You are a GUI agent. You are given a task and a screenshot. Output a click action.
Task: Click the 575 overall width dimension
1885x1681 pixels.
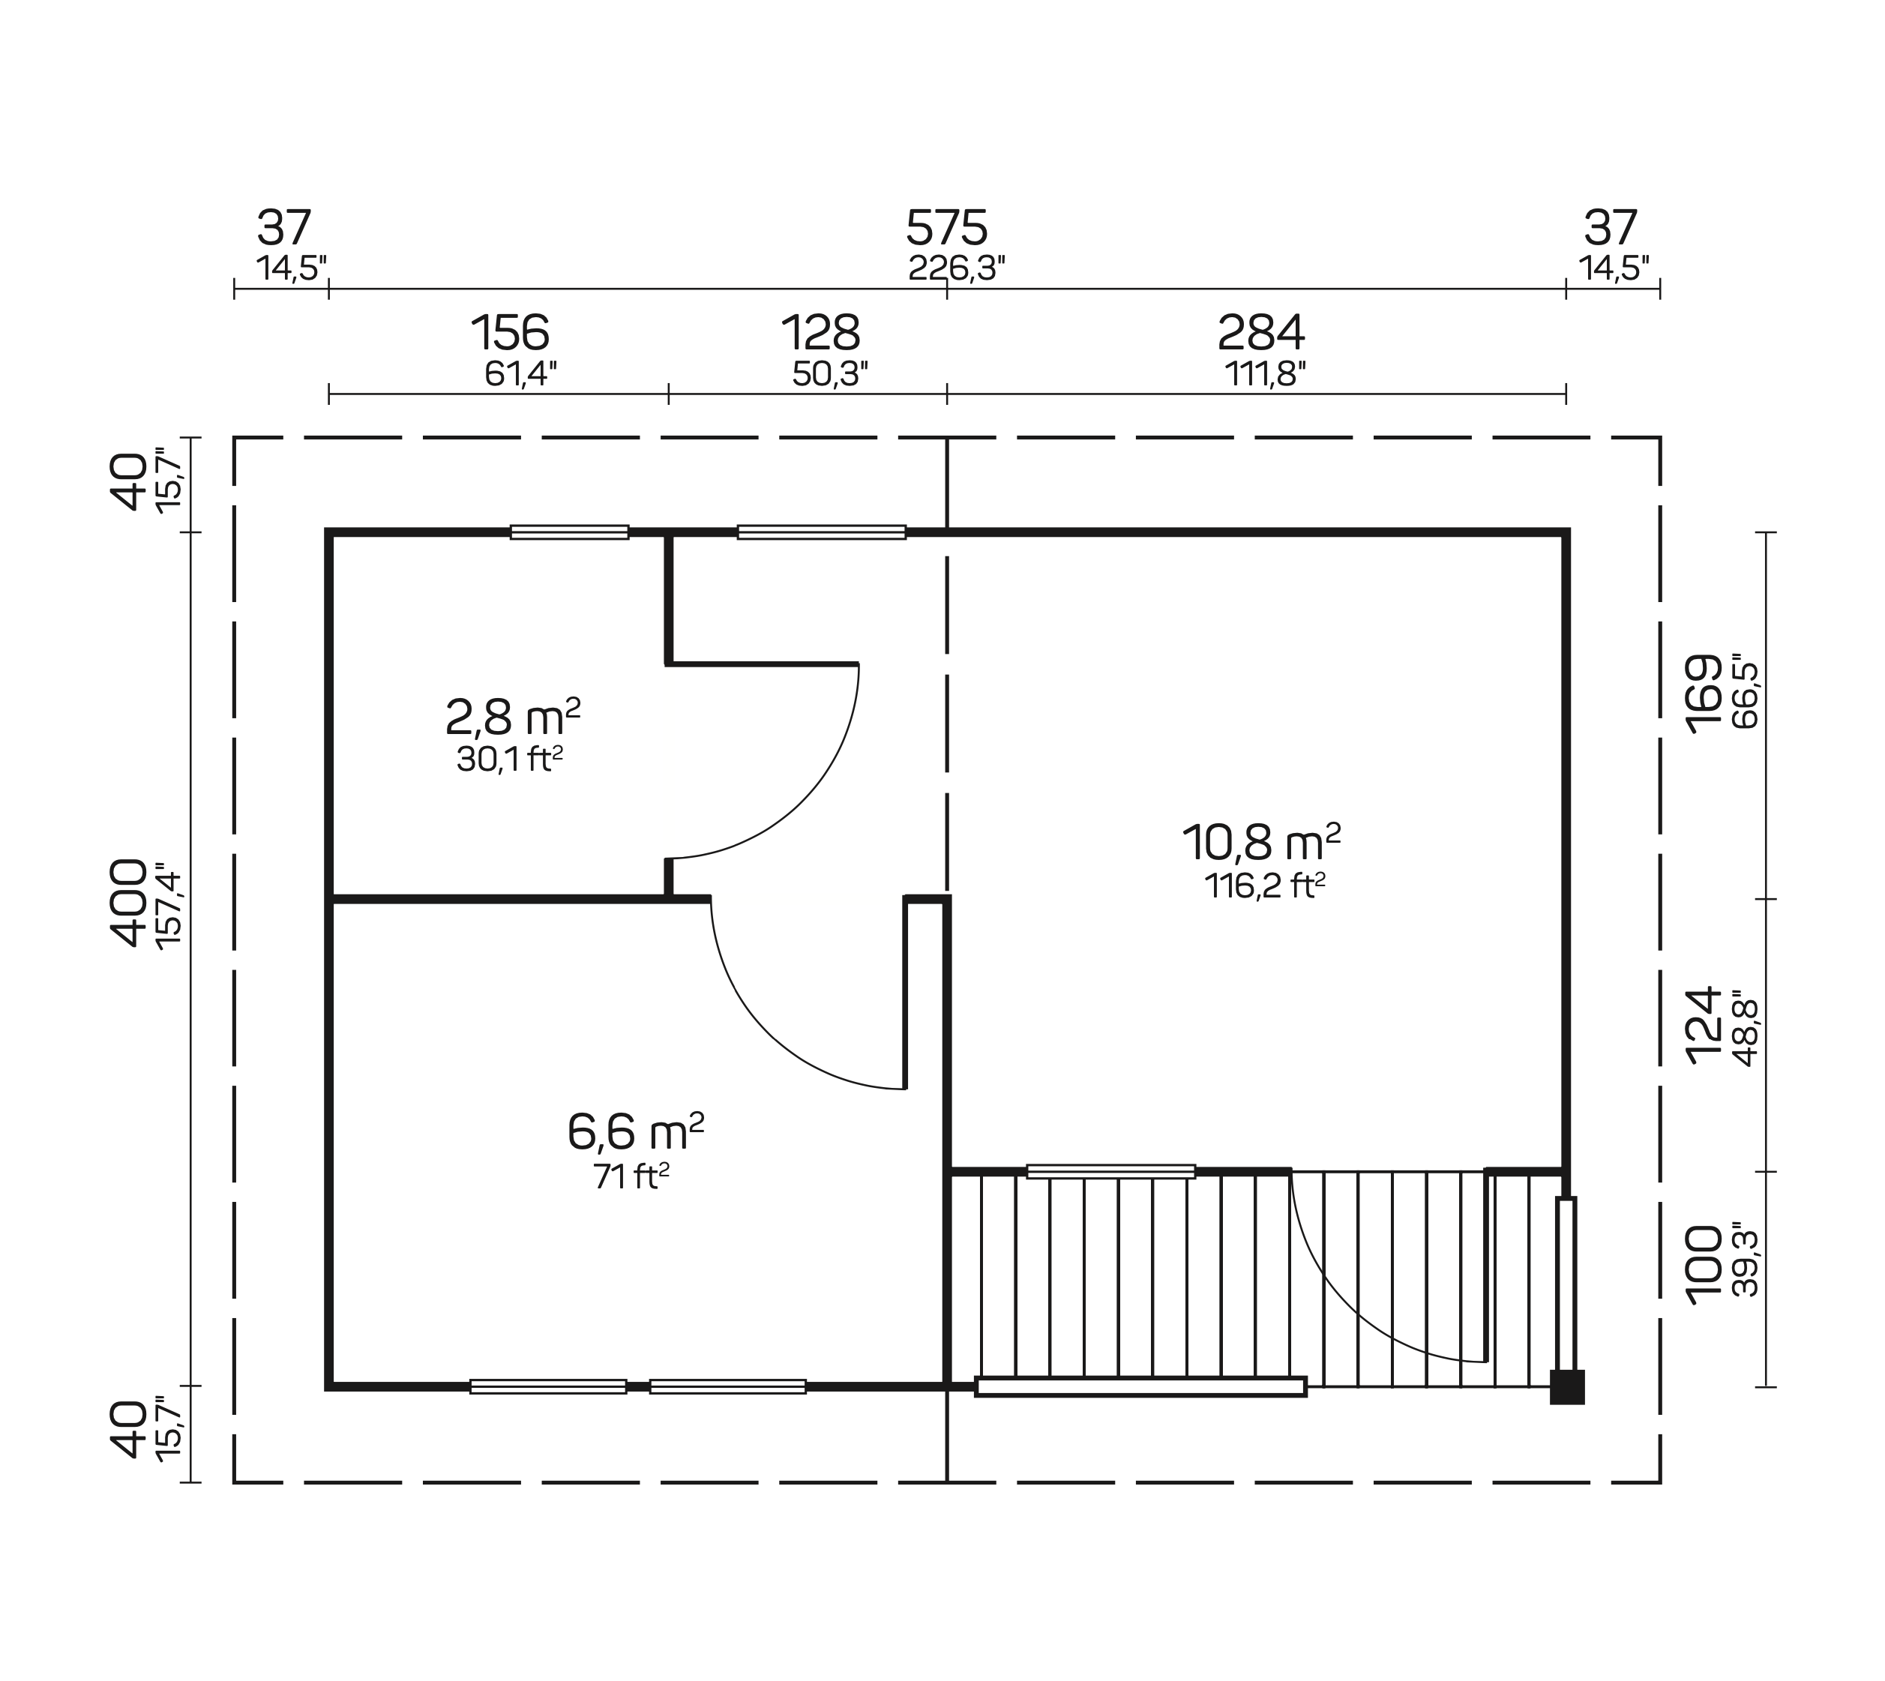tap(947, 227)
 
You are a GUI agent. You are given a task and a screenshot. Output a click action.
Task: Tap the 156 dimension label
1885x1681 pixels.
tap(510, 332)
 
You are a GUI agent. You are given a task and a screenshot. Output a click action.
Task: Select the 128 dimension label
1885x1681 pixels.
tap(820, 332)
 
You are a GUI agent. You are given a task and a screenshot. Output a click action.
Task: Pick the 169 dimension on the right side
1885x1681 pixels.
tap(1704, 694)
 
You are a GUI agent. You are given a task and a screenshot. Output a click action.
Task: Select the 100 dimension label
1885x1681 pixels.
tap(1704, 1266)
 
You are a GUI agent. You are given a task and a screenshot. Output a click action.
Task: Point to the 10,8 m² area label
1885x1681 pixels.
tap(1260, 841)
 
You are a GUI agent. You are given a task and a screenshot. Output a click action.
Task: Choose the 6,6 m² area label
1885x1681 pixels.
tap(634, 1132)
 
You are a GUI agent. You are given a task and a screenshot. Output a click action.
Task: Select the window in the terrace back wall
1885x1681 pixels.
tap(1110, 1171)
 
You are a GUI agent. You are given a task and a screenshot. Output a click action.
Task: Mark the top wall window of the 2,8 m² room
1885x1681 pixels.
tap(569, 532)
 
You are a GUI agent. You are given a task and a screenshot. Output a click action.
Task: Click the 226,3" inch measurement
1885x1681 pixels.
tap(956, 268)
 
